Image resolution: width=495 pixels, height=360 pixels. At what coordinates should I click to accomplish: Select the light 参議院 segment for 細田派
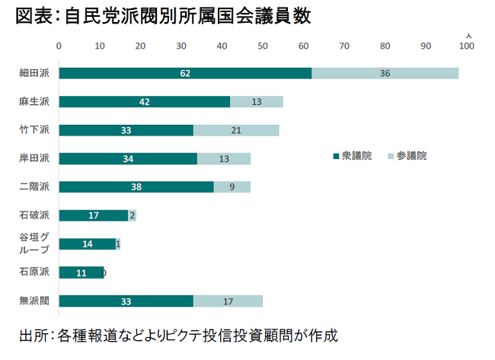(x=385, y=73)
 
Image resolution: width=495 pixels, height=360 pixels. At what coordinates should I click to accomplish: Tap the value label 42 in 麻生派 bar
(x=144, y=102)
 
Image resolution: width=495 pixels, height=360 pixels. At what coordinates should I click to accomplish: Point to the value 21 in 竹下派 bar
(x=236, y=130)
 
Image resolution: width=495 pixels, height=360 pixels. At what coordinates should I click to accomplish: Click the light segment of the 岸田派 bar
(x=223, y=158)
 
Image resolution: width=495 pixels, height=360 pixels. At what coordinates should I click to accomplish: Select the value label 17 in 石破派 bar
(x=93, y=215)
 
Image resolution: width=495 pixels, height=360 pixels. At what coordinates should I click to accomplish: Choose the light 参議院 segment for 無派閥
(x=228, y=301)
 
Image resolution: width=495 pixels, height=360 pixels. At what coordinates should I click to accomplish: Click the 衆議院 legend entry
(x=352, y=155)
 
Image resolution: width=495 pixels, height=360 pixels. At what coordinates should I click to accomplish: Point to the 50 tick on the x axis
(x=263, y=46)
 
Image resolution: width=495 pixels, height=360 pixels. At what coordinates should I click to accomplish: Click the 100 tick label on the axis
(x=467, y=46)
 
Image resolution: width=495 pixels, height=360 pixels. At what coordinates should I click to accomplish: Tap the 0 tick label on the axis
(x=59, y=46)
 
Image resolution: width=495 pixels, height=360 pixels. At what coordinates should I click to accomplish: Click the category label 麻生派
(x=34, y=102)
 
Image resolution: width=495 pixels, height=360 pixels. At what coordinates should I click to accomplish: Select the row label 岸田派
(x=34, y=158)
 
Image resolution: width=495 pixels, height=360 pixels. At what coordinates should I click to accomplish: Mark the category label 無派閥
(x=34, y=301)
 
